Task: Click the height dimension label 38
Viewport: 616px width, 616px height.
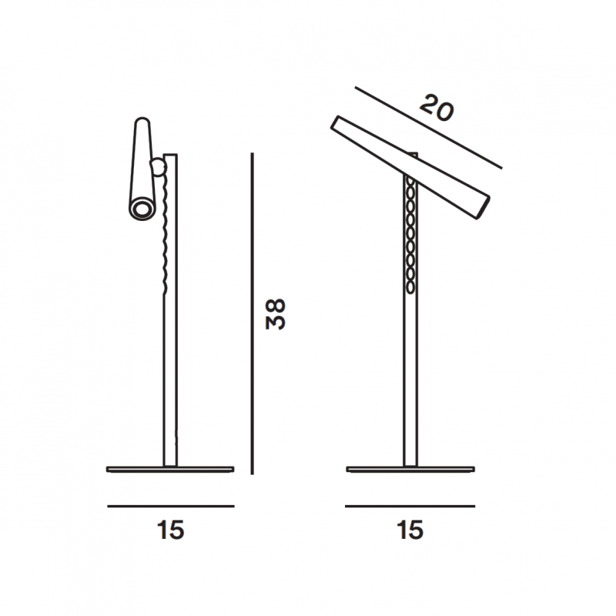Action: (x=276, y=313)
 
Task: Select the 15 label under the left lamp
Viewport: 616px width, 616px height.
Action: (x=171, y=531)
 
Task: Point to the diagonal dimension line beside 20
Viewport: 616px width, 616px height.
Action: (x=428, y=128)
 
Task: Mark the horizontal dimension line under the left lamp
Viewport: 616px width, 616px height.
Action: (x=171, y=506)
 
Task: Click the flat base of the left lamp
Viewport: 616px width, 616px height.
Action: (x=170, y=468)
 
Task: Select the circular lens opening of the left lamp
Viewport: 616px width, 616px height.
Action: (x=142, y=209)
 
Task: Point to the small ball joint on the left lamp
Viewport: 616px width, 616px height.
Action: (x=159, y=165)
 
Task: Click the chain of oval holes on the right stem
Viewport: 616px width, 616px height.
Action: (x=410, y=239)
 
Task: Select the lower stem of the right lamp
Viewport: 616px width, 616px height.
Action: (x=410, y=385)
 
